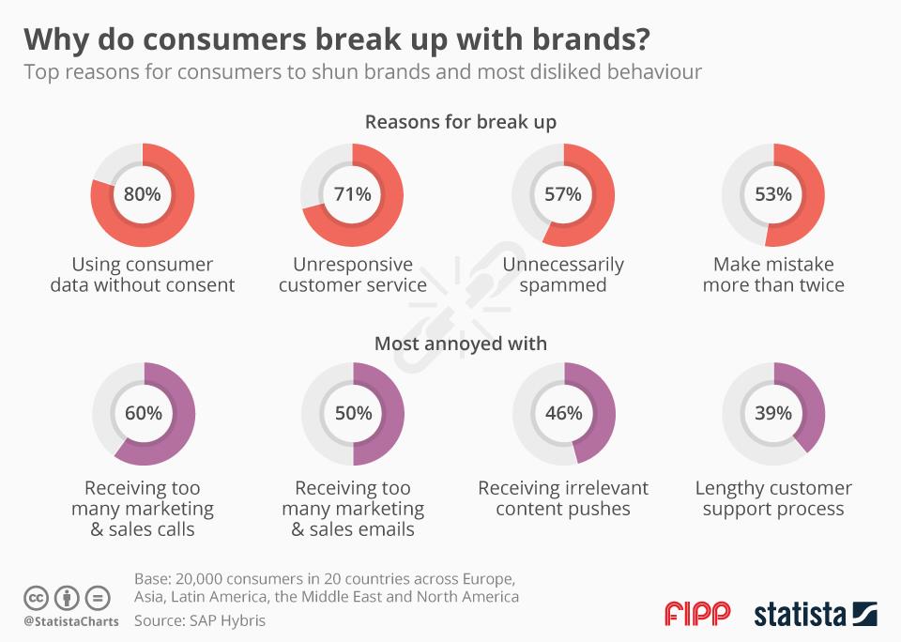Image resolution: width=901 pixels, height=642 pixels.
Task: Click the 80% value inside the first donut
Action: coord(143,194)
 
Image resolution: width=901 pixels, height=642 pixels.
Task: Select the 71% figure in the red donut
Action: coord(353,194)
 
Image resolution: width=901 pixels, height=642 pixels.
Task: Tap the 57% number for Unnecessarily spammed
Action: coord(563,194)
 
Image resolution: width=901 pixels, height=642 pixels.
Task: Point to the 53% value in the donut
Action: coord(773,194)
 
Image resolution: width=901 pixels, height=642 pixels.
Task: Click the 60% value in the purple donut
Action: coord(143,413)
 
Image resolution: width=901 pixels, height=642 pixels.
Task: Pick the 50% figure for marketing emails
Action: coord(353,413)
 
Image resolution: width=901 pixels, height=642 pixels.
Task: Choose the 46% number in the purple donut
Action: coord(563,413)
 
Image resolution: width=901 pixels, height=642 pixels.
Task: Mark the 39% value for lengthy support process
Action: coord(773,413)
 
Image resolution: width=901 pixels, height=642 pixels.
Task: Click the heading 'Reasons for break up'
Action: coord(460,122)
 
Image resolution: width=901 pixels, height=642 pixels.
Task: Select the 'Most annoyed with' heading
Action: coord(460,344)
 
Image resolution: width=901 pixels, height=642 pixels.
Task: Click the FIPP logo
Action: coord(697,614)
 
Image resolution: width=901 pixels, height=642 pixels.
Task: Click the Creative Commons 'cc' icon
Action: coord(36,597)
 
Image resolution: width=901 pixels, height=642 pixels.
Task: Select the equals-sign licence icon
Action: coord(98,597)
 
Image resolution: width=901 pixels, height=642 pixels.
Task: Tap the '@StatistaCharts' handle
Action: coord(70,620)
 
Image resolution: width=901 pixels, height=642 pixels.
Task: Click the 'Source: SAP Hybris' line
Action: coord(200,620)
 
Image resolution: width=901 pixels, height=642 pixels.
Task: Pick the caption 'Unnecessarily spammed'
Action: coord(563,274)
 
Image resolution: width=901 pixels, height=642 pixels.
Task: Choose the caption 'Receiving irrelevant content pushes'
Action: coord(563,498)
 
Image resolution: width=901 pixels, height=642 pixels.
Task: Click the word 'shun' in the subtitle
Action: coord(309,72)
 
